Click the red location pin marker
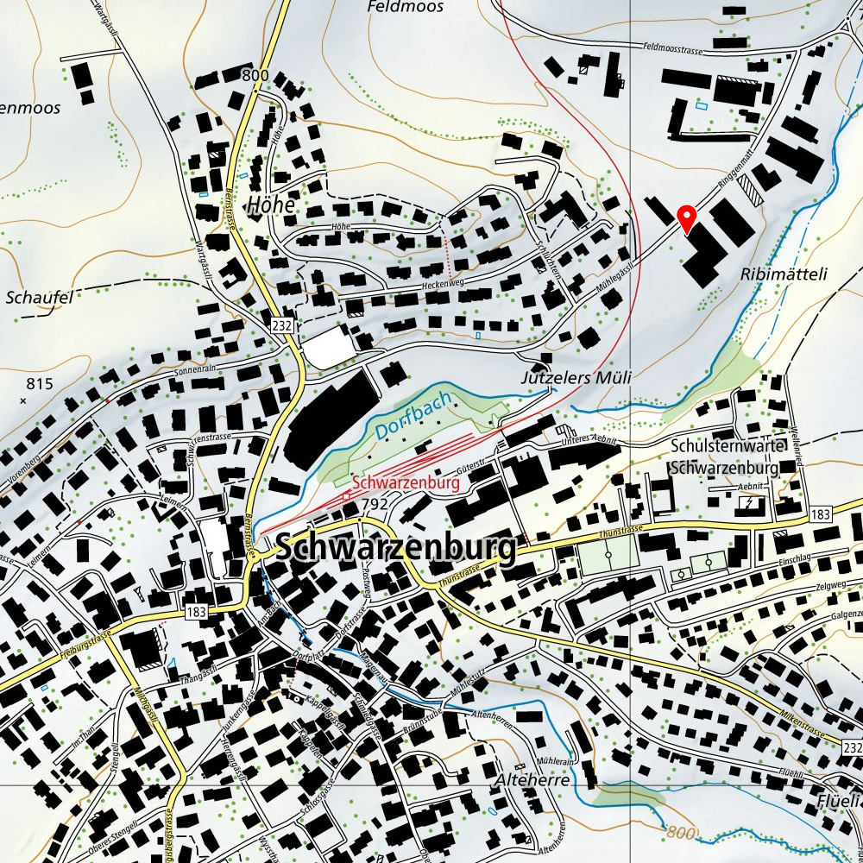686,218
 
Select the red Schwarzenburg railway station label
406,483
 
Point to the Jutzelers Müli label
576,378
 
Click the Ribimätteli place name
784,274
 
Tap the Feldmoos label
405,7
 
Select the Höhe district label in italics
270,205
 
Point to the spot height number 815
40,384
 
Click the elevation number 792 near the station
375,503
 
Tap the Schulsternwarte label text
727,447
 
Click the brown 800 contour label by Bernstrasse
255,76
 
